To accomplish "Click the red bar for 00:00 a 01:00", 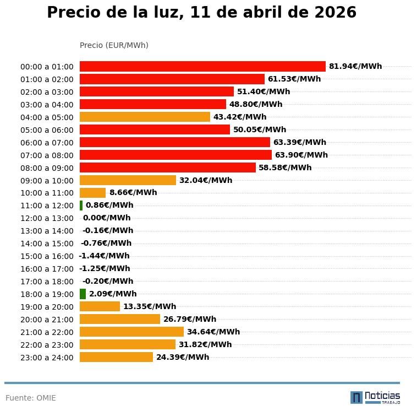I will coord(202,66).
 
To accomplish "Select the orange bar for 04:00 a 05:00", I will coord(145,117).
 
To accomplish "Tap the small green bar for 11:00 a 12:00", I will coord(81,206).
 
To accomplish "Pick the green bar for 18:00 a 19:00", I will coord(83,294).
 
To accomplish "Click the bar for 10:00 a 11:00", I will coord(92,193).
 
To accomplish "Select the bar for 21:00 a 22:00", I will coord(131,332).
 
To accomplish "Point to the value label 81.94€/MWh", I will coord(355,66).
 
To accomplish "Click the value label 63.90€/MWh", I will coord(301,155).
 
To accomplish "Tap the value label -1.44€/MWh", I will coord(104,256).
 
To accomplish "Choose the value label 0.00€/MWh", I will coord(107,218).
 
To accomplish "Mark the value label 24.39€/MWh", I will coord(183,357).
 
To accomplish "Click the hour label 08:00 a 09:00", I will coord(47,168).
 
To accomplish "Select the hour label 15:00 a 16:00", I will coord(47,256).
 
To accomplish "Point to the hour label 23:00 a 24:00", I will coord(47,358).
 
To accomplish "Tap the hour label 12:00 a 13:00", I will coord(47,218).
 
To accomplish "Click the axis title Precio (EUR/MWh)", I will coord(114,45).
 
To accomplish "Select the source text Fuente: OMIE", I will coord(31,398).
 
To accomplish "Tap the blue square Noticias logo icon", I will coord(356,397).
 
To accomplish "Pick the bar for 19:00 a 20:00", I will coord(100,306).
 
